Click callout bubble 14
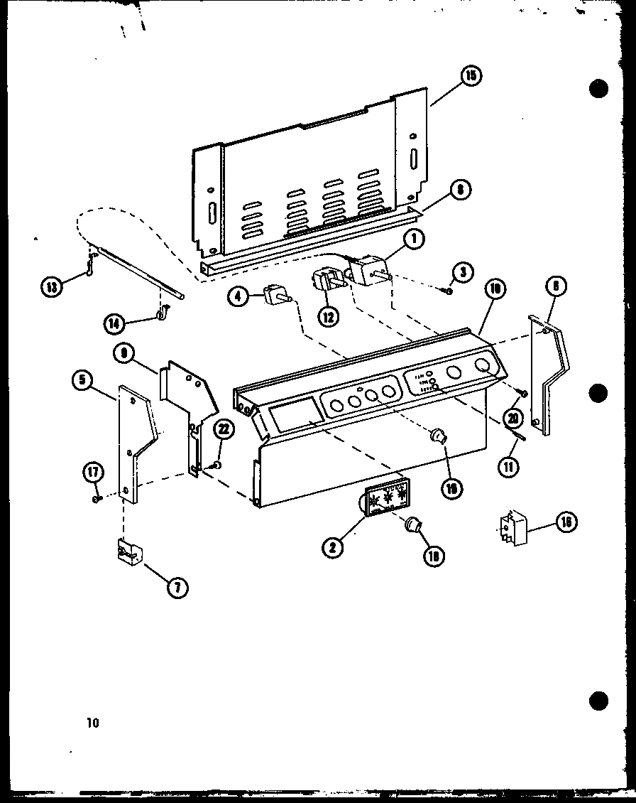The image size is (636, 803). click(x=113, y=324)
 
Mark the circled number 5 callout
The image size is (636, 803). click(x=83, y=380)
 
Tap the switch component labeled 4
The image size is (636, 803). click(x=273, y=294)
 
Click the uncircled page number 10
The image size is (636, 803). click(x=92, y=723)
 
